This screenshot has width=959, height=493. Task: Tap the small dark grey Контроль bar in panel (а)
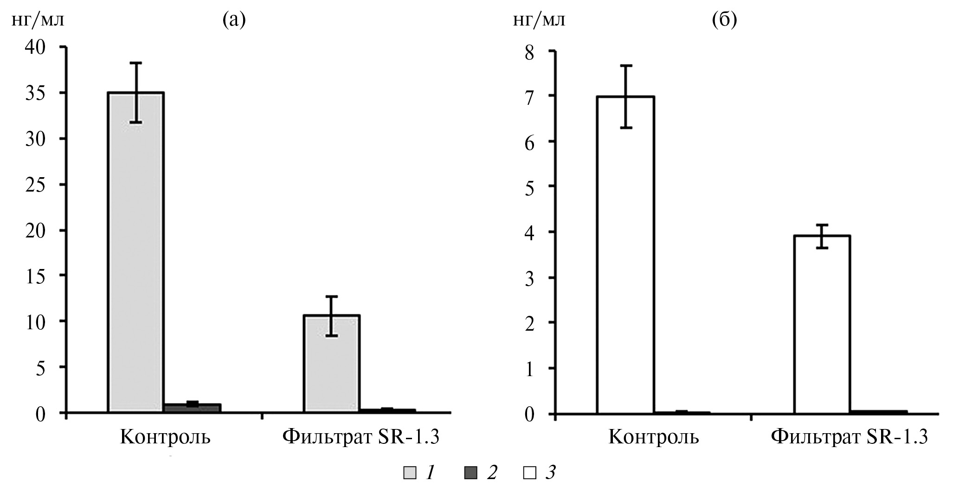tap(193, 408)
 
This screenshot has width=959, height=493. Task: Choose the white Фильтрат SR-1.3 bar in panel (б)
tap(822, 324)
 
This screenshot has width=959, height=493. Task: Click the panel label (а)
tap(234, 20)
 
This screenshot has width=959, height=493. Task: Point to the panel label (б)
tap(724, 20)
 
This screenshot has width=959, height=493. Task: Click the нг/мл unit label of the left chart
tap(37, 20)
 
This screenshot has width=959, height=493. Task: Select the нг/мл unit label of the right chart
tap(539, 20)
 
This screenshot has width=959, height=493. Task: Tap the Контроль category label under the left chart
tap(165, 437)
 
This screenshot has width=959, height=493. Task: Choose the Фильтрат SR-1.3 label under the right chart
tap(849, 437)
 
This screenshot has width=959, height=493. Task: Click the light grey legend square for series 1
tap(410, 474)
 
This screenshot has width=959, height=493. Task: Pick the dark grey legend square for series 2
tap(470, 474)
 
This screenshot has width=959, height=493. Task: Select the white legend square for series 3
tap(529, 474)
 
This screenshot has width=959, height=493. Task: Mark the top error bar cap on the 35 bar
tap(136, 63)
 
